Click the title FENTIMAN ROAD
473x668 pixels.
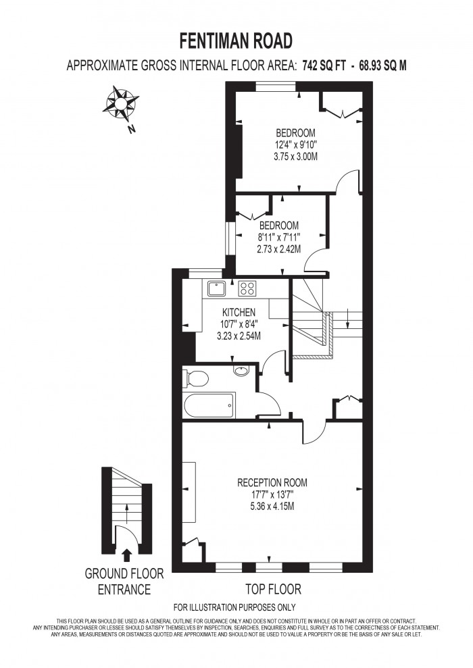236,42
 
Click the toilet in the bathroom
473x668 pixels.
195,379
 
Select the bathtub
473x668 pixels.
209,406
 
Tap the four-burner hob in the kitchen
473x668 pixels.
247,288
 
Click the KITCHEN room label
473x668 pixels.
239,312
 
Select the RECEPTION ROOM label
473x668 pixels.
272,483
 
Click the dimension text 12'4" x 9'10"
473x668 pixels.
296,144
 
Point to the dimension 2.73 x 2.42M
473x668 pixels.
278,249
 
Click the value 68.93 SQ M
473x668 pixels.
383,66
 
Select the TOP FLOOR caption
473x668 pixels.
273,589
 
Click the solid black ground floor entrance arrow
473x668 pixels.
126,555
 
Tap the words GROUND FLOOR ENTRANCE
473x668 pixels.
124,582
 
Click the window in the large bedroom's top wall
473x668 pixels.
275,86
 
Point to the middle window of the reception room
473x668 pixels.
269,567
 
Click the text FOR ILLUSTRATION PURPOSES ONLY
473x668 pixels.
234,607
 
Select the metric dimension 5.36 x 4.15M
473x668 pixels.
272,507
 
